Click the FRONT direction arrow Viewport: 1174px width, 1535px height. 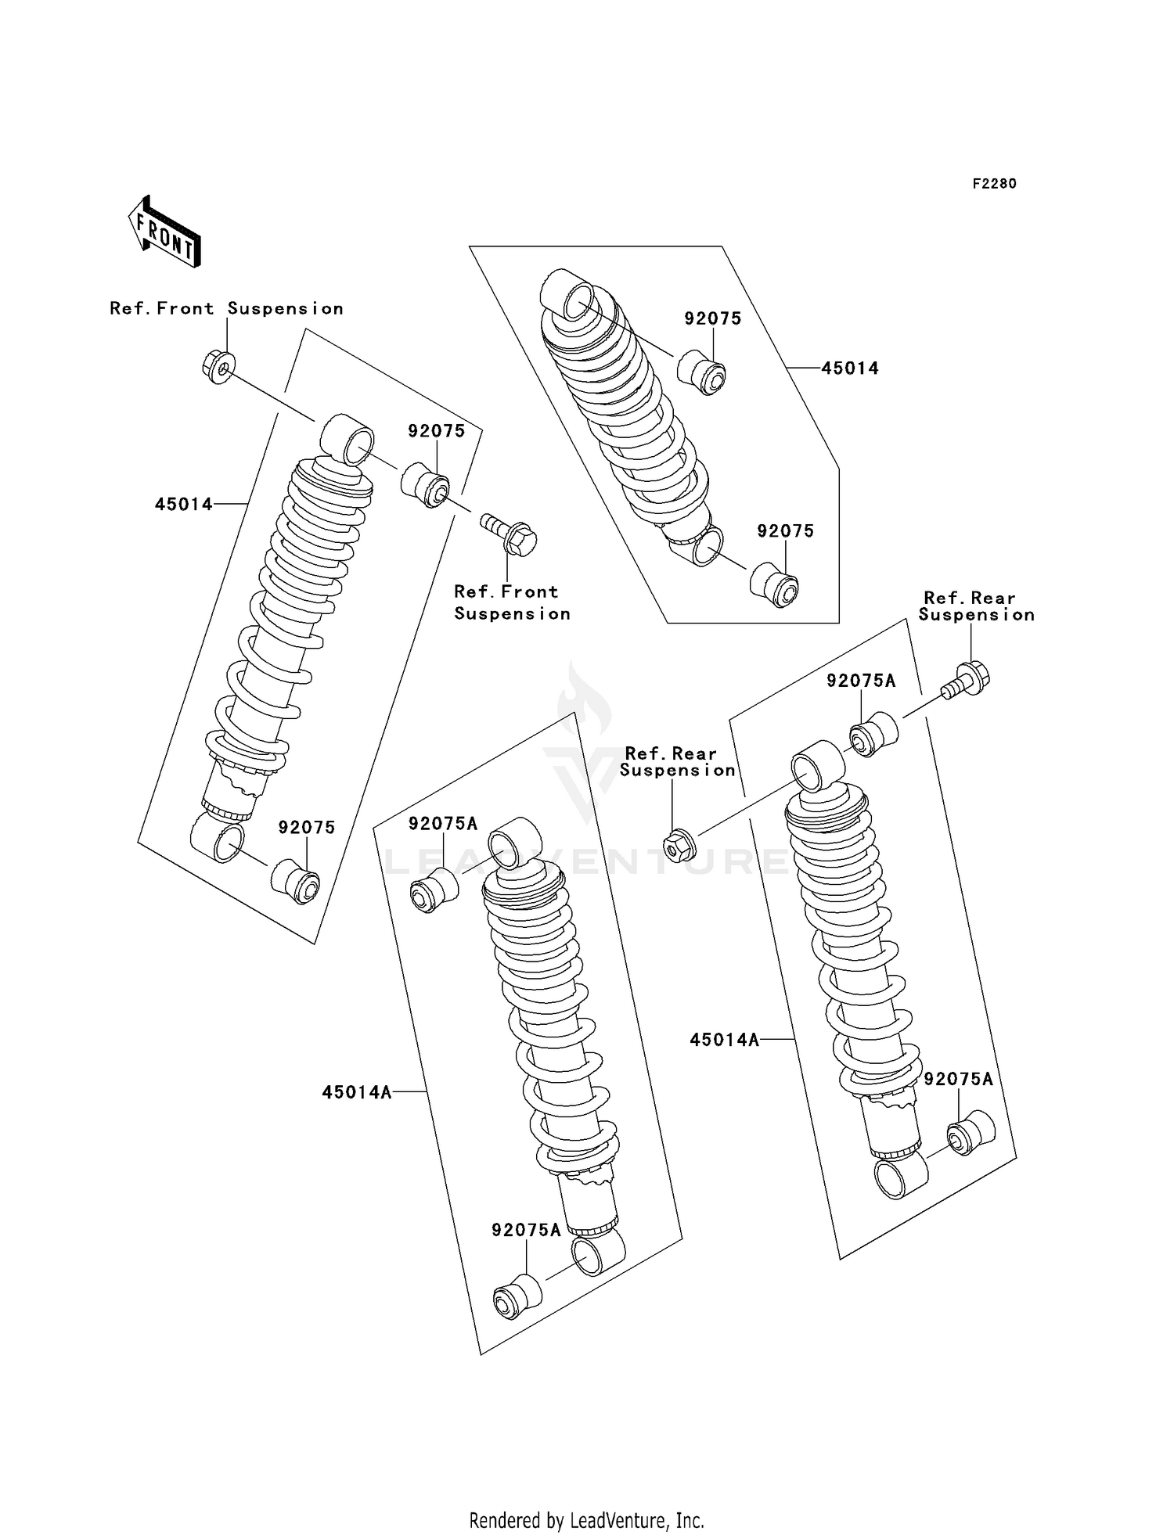(165, 232)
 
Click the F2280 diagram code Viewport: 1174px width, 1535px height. (994, 184)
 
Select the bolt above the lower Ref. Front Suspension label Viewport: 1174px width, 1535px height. (511, 534)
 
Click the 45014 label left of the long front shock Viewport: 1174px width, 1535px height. (183, 505)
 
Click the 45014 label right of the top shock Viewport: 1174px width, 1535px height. (849, 368)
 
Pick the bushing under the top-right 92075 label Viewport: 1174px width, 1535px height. (702, 373)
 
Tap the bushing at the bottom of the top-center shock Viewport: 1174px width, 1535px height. (775, 584)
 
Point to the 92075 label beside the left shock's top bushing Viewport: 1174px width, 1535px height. (436, 431)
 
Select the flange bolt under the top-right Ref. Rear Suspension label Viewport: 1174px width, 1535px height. (967, 679)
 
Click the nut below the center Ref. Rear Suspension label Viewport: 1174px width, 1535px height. (675, 843)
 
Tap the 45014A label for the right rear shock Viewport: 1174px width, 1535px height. (724, 1040)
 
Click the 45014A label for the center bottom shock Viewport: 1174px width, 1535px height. (356, 1092)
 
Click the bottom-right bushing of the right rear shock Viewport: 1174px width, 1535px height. (971, 1132)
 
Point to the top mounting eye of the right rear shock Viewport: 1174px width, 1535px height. (817, 765)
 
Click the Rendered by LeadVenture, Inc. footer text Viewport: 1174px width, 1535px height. (586, 1520)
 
